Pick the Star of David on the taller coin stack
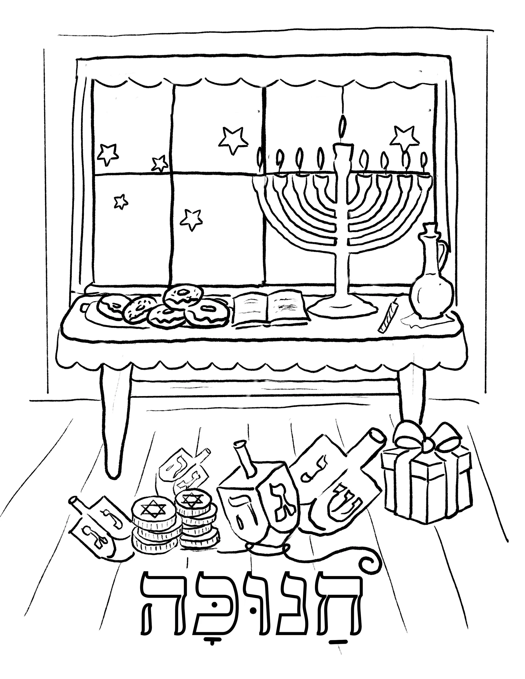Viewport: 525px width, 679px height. click(190, 500)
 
